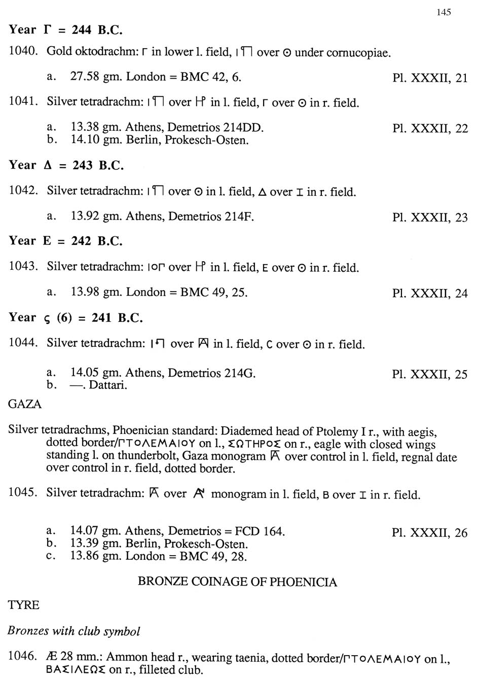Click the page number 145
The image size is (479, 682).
click(x=443, y=12)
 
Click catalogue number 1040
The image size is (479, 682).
click(x=23, y=51)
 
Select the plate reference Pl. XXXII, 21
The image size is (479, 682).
click(x=430, y=78)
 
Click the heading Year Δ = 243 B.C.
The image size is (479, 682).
click(x=66, y=165)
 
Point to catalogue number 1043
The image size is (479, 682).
click(x=23, y=267)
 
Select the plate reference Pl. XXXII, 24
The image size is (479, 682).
click(x=430, y=293)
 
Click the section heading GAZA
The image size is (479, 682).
click(x=25, y=404)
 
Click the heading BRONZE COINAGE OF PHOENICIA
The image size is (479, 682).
click(x=237, y=582)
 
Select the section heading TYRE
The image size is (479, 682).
click(x=23, y=605)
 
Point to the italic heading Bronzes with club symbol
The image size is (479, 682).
click(x=73, y=631)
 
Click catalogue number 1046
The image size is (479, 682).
click(x=23, y=657)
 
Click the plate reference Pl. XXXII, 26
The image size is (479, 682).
click(x=429, y=533)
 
